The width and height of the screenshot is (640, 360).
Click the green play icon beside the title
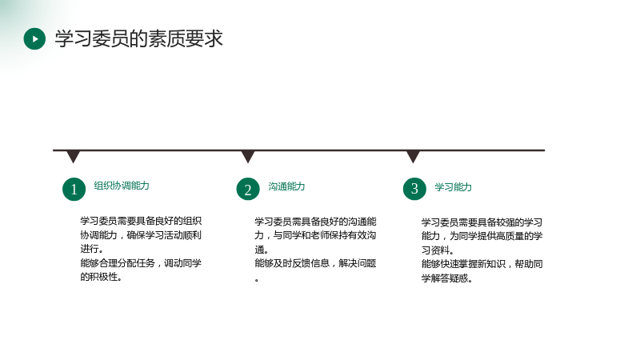point(34,38)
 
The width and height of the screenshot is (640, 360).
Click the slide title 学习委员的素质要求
point(138,38)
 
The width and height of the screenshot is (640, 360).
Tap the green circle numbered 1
point(74,189)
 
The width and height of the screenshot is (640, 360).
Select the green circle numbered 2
point(248,189)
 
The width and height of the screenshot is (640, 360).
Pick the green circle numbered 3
point(414,189)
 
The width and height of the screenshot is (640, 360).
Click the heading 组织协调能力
point(122,186)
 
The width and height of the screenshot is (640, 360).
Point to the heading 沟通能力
point(286,186)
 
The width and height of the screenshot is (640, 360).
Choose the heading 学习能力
point(453,187)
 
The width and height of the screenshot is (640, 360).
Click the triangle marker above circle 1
point(73,157)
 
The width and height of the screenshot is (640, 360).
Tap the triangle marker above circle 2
point(248,157)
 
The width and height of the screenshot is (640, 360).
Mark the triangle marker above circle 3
point(413,157)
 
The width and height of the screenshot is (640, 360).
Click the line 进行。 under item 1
point(92,249)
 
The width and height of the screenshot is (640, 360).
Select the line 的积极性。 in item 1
point(101,277)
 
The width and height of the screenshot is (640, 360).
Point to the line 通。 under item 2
point(262,250)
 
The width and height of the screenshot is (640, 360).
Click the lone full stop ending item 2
point(257,280)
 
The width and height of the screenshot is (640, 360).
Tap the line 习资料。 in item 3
point(438,250)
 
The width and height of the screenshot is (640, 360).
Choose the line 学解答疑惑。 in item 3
point(447,278)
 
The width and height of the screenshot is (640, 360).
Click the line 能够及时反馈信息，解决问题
point(315,263)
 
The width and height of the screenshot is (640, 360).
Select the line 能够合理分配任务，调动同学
point(141,263)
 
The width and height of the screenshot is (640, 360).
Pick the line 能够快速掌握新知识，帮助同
point(482,264)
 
